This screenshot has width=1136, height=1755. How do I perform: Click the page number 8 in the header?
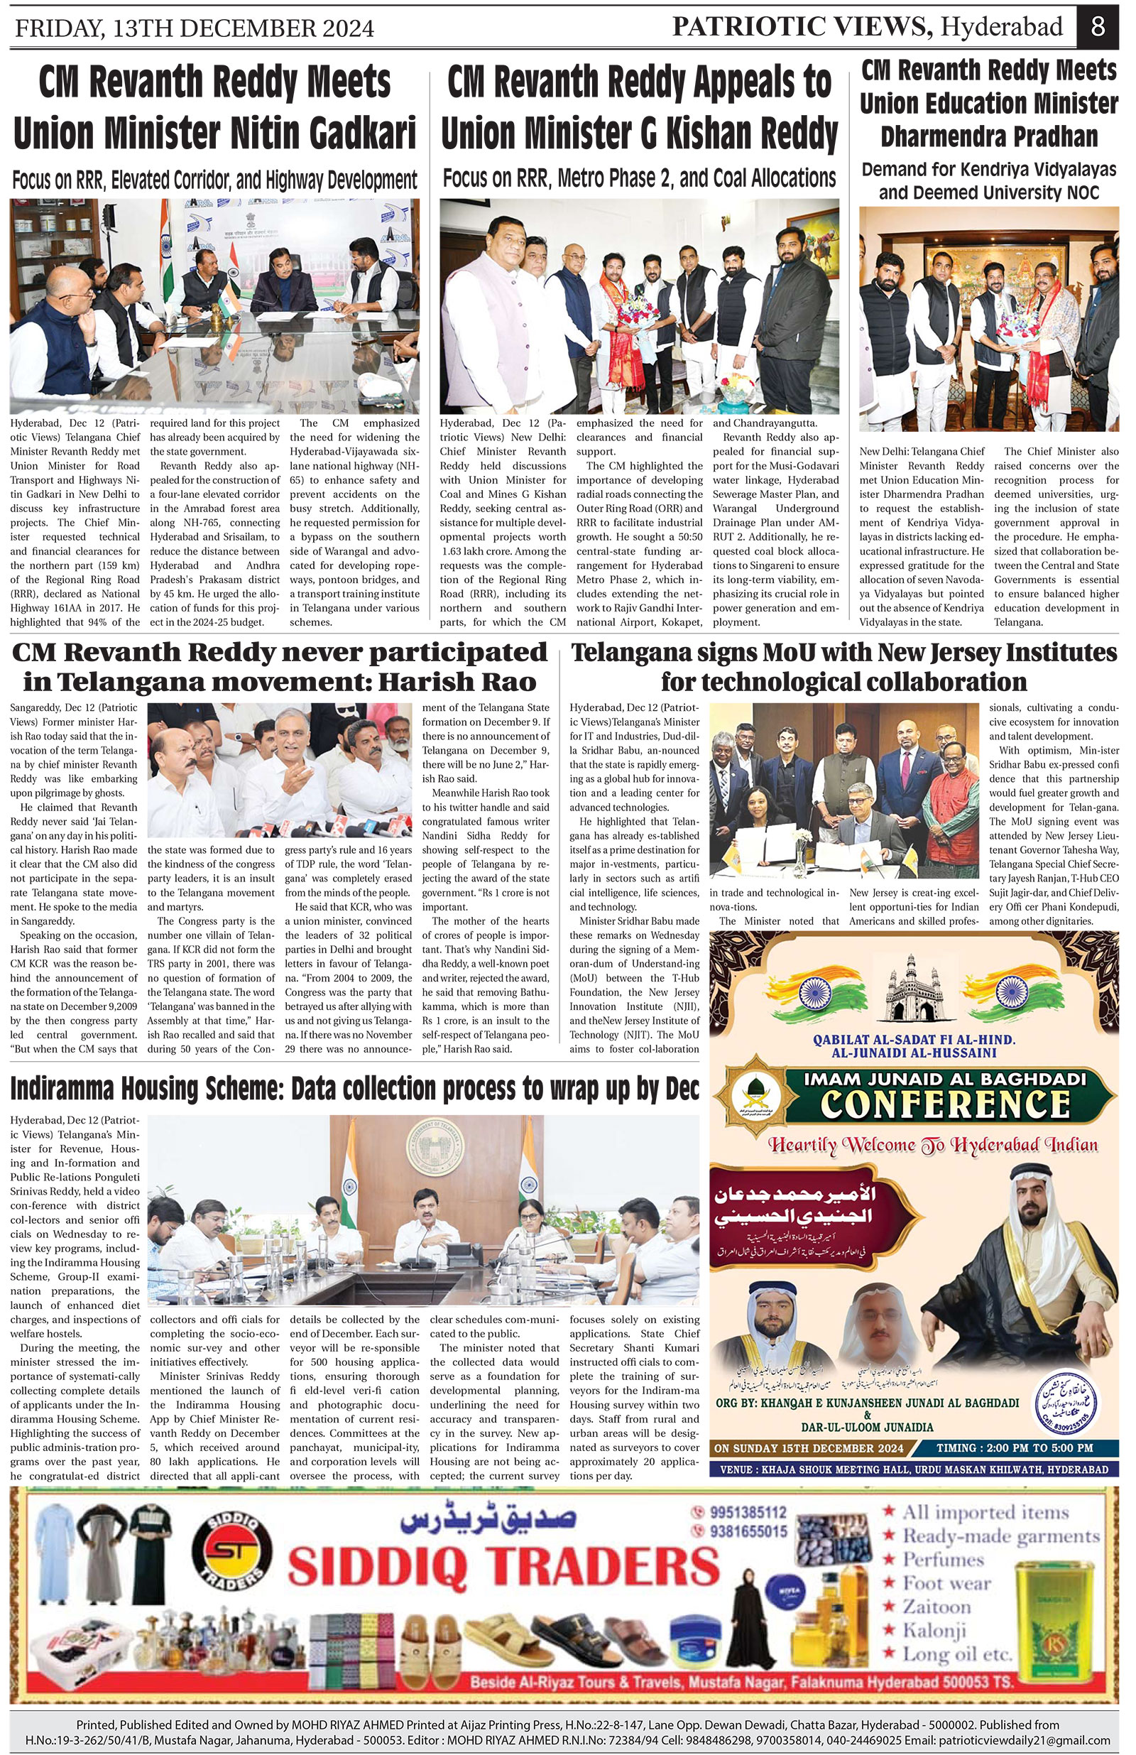point(1098,26)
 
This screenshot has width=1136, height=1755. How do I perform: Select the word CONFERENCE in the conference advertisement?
point(944,1104)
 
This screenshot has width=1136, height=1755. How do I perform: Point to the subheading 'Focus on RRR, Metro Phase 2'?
point(638,178)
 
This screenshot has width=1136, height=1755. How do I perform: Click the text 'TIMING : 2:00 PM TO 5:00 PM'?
point(1015,1448)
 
